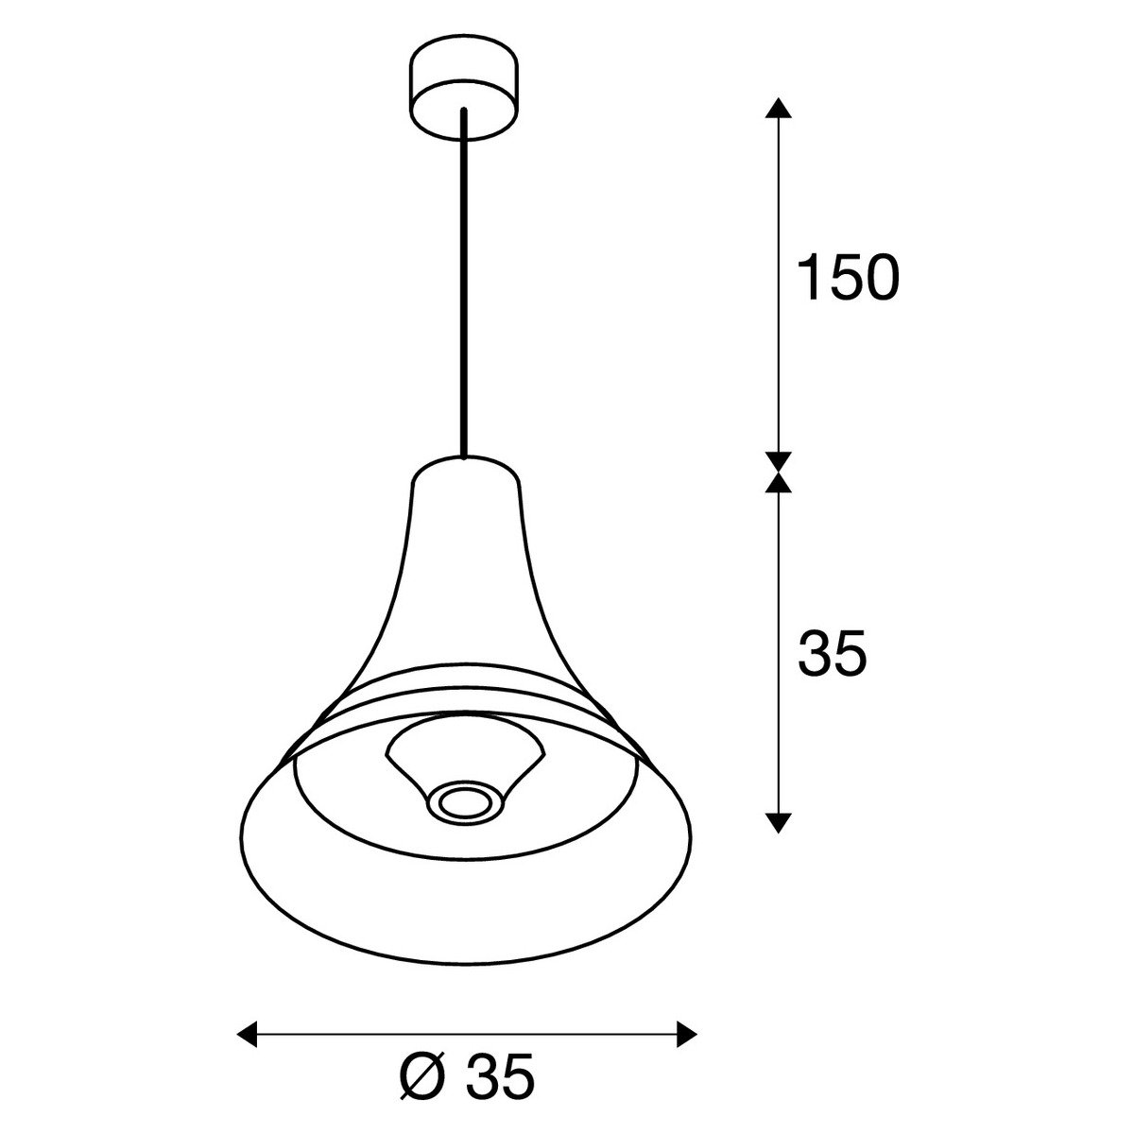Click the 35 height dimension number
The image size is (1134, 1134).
(x=833, y=654)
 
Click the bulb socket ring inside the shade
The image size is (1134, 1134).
(x=464, y=801)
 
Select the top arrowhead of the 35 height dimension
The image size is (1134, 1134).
(x=778, y=480)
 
